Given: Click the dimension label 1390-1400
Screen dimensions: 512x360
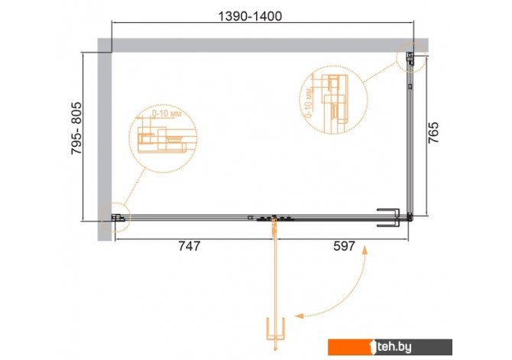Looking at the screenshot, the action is pyautogui.click(x=249, y=16).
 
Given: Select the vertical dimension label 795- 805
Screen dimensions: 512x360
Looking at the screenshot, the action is pyautogui.click(x=76, y=128).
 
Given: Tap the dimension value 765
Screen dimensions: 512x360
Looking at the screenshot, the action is pyautogui.click(x=433, y=133).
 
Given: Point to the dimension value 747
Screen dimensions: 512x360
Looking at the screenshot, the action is pyautogui.click(x=189, y=245).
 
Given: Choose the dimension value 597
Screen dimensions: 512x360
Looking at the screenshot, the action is pyautogui.click(x=344, y=245).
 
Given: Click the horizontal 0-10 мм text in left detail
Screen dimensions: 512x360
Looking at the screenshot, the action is pyautogui.click(x=167, y=114).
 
